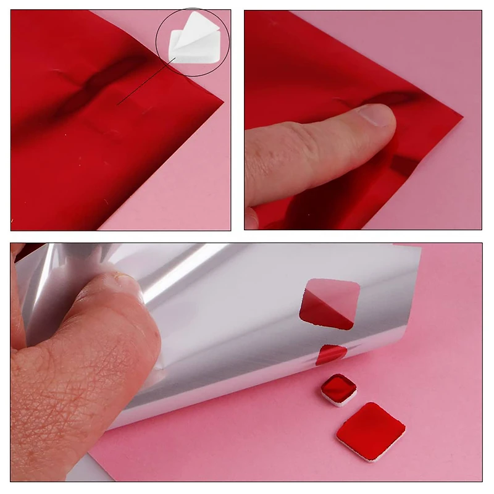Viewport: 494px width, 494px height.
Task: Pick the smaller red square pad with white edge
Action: [x=338, y=389]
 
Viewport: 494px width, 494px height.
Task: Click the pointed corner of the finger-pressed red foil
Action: [x=459, y=115]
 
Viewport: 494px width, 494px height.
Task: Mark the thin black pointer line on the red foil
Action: [x=145, y=81]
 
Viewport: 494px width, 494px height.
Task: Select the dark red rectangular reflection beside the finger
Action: [x=404, y=164]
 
